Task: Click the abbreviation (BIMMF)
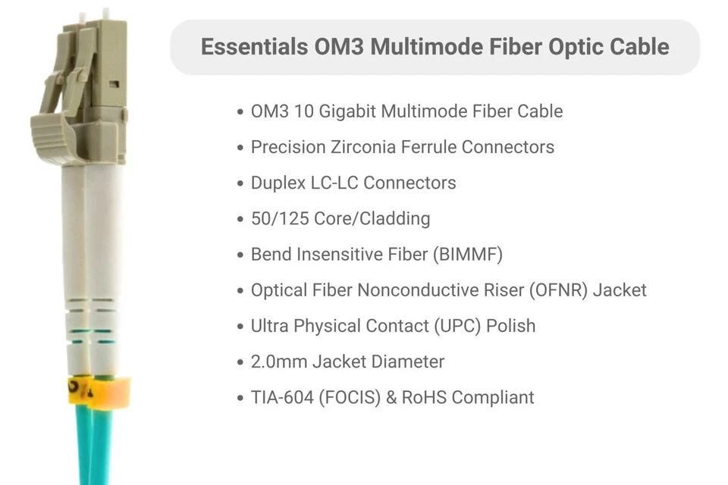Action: click(x=468, y=255)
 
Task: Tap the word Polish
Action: click(x=510, y=326)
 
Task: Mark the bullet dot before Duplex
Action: click(x=240, y=183)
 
